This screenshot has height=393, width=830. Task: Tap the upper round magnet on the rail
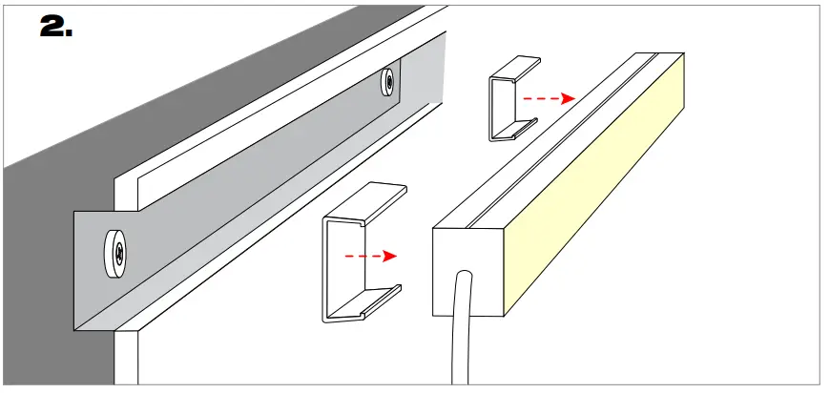tap(388, 81)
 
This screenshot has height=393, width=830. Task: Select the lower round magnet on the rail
tap(115, 253)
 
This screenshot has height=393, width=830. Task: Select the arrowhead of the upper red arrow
tap(568, 97)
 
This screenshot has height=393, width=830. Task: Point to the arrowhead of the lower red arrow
tap(390, 256)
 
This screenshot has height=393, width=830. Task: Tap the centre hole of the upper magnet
tap(389, 81)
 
